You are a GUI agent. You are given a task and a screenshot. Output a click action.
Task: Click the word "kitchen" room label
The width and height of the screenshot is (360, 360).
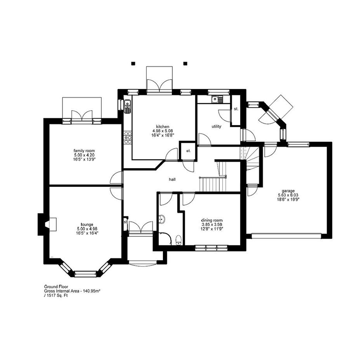[x=162, y=126]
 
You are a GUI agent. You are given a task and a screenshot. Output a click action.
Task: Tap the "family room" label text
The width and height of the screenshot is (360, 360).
[x=84, y=150]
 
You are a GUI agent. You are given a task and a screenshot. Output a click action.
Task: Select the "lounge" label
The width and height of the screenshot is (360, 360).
[x=87, y=224]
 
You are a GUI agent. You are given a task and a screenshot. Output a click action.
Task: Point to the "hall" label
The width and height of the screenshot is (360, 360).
[x=172, y=179]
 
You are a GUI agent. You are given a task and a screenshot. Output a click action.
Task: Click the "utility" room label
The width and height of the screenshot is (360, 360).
[x=216, y=126]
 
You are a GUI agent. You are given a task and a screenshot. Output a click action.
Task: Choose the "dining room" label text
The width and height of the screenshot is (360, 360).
[x=211, y=220]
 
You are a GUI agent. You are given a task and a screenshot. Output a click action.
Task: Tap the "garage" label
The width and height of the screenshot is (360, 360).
[x=288, y=190]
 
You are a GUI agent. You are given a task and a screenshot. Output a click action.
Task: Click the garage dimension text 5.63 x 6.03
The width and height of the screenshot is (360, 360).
[x=288, y=195]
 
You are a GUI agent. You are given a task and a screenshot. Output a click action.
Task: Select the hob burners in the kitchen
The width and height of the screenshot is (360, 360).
[x=127, y=136]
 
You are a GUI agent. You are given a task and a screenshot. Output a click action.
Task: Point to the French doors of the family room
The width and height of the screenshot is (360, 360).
[x=83, y=115]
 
